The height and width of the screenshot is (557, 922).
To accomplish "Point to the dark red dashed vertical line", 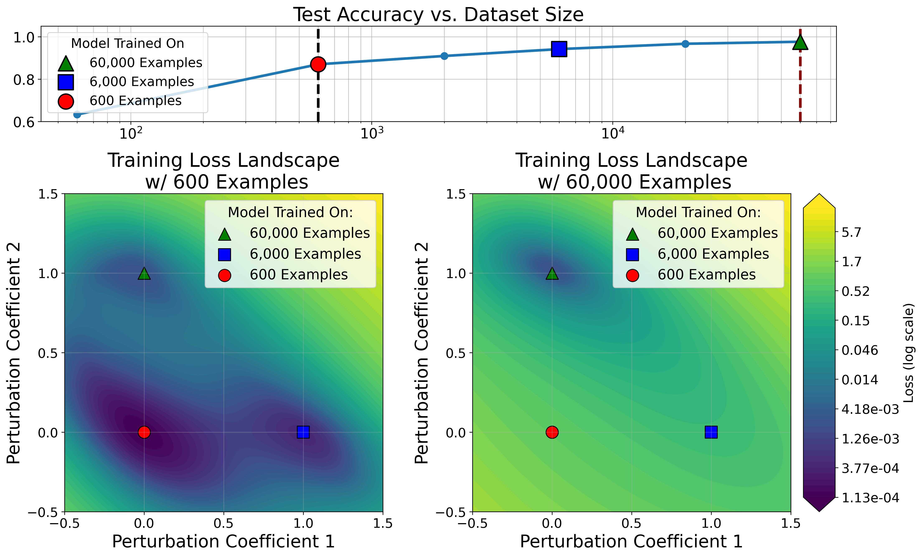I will pos(800,94).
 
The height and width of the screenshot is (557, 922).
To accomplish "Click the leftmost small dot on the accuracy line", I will pos(77,114).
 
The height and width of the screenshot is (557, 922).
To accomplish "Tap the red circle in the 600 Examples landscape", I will pos(144,432).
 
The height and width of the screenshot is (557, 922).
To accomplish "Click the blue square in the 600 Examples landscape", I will pos(303,432).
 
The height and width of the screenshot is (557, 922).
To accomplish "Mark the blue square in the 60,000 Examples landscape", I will pos(711,432).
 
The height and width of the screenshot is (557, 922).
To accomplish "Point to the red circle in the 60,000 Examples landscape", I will pos(552,432).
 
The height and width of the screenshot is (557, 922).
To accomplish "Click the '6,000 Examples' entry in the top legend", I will pos(141,82).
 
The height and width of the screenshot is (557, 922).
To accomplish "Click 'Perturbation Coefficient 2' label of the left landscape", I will pos(14,353).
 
